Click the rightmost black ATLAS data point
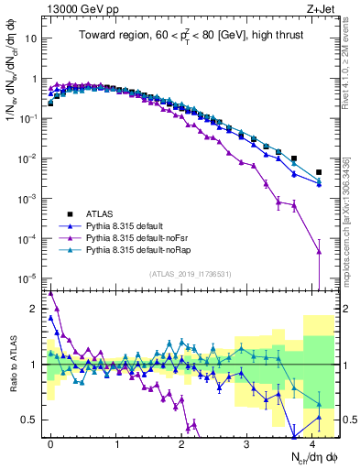(x=319, y=171)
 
